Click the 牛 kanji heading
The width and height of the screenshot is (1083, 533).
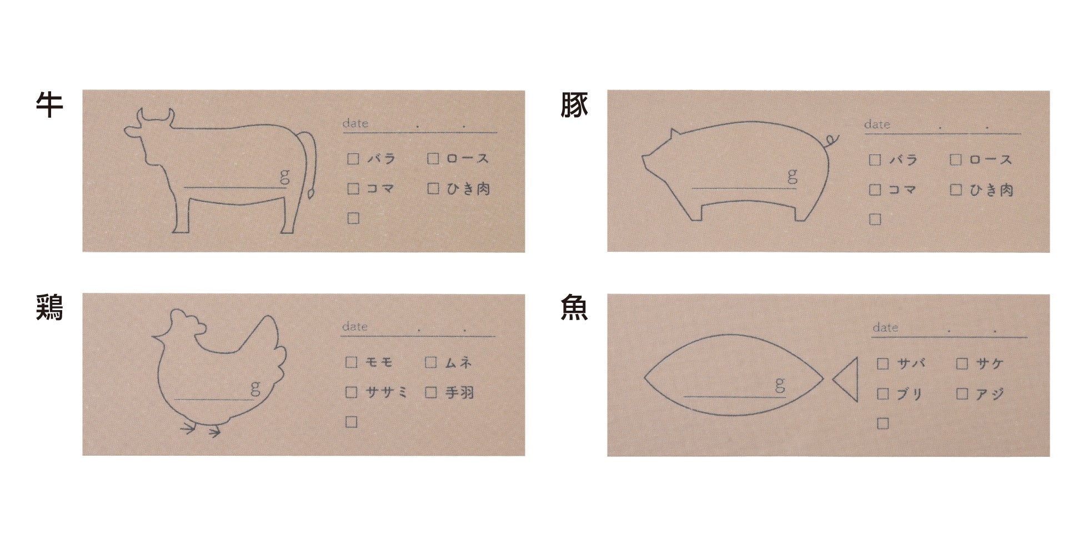[49, 104]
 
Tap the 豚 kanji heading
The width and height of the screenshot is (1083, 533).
[574, 104]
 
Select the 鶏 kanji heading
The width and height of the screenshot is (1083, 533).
[49, 307]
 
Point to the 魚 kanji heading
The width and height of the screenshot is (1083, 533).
[574, 307]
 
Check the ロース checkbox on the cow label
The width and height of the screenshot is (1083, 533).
[433, 159]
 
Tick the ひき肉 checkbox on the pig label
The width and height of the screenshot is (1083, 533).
[956, 190]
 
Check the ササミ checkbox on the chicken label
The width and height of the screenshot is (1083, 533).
[351, 392]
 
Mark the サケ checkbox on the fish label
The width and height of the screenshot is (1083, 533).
[962, 364]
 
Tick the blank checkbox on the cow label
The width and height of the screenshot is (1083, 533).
[353, 218]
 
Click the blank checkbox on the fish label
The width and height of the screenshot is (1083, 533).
[883, 424]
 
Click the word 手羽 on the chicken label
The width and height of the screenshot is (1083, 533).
[460, 393]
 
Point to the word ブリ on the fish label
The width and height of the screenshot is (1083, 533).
[910, 394]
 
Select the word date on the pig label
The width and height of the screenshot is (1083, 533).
[877, 124]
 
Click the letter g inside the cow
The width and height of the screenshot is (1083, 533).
[284, 176]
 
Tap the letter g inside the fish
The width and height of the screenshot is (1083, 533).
[780, 384]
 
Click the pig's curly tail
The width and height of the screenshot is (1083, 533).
[831, 140]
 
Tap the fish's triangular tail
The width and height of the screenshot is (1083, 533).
[845, 380]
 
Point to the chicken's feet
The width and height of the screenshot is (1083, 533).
[200, 429]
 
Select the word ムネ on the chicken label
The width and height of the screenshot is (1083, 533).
[458, 363]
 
